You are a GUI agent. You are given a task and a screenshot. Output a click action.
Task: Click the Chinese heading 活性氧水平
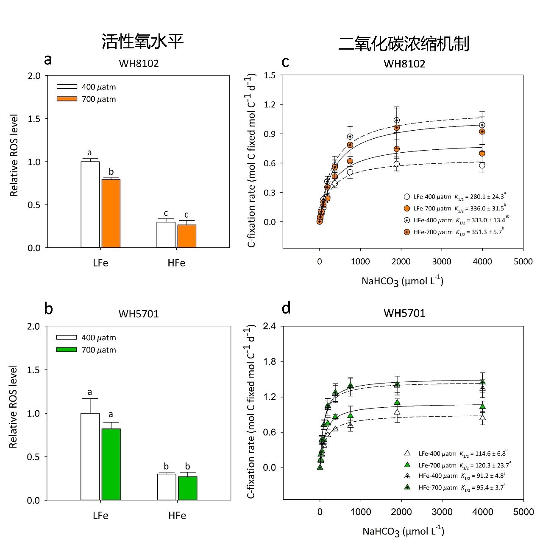click(x=142, y=42)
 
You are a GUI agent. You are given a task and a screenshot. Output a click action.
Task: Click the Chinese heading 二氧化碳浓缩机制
click(x=404, y=44)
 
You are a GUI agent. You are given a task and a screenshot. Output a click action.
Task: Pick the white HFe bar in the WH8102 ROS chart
click(x=166, y=235)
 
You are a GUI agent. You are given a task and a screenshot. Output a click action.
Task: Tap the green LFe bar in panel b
click(x=111, y=464)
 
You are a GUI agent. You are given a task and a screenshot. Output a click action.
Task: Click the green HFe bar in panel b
click(x=188, y=488)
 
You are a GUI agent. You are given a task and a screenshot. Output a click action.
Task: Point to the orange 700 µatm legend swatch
click(x=67, y=99)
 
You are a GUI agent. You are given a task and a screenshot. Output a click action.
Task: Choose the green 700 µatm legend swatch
click(x=67, y=350)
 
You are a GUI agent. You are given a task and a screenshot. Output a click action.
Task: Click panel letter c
click(x=285, y=62)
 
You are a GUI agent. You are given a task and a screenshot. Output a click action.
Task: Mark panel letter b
click(x=48, y=308)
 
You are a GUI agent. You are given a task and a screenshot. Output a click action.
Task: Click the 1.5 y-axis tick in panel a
click(x=34, y=119)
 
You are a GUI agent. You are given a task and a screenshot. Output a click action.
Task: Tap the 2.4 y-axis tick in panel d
click(x=269, y=326)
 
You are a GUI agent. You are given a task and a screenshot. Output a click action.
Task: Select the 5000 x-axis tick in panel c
click(x=523, y=261)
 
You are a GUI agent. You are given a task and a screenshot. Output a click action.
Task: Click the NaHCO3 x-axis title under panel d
click(x=403, y=531)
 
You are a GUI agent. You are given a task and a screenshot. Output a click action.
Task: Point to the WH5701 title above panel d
click(x=404, y=313)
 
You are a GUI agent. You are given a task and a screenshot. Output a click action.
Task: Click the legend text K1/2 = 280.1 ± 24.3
click(x=480, y=197)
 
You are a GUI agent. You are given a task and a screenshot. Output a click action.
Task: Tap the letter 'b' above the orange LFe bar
click(x=111, y=172)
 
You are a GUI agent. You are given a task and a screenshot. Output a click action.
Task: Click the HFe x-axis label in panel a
click(x=176, y=263)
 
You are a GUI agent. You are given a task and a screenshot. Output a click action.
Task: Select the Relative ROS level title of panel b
click(x=14, y=406)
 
